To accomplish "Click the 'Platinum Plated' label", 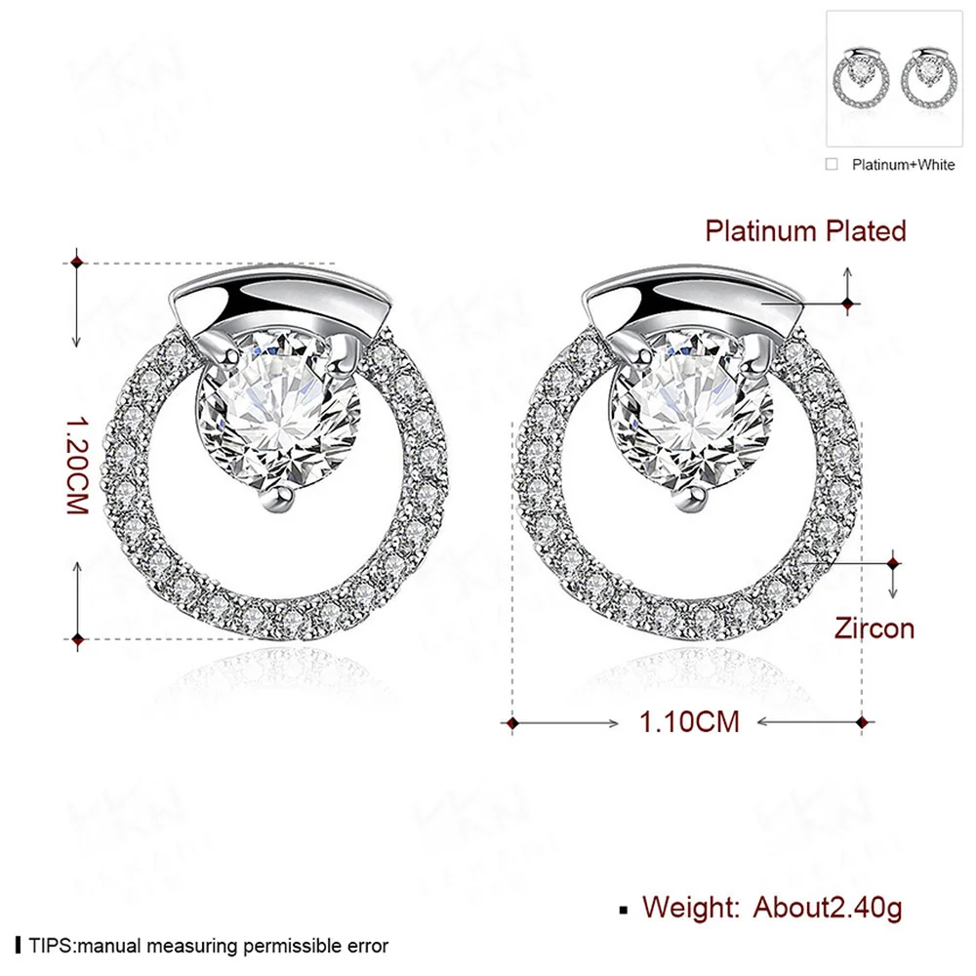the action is click(x=805, y=231).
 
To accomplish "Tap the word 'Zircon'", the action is click(x=874, y=628).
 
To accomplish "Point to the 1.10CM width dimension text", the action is click(x=688, y=722).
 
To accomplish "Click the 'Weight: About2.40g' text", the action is click(x=771, y=908).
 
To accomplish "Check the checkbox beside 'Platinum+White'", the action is click(x=832, y=164).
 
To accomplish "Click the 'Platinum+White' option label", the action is click(x=903, y=164).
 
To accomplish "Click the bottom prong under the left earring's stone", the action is click(x=279, y=500).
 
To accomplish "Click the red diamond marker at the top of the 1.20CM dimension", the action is click(x=77, y=262).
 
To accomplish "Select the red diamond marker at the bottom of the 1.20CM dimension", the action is click(x=77, y=639).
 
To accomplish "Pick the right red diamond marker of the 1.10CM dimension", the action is click(x=863, y=722).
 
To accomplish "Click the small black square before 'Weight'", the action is click(x=624, y=910).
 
